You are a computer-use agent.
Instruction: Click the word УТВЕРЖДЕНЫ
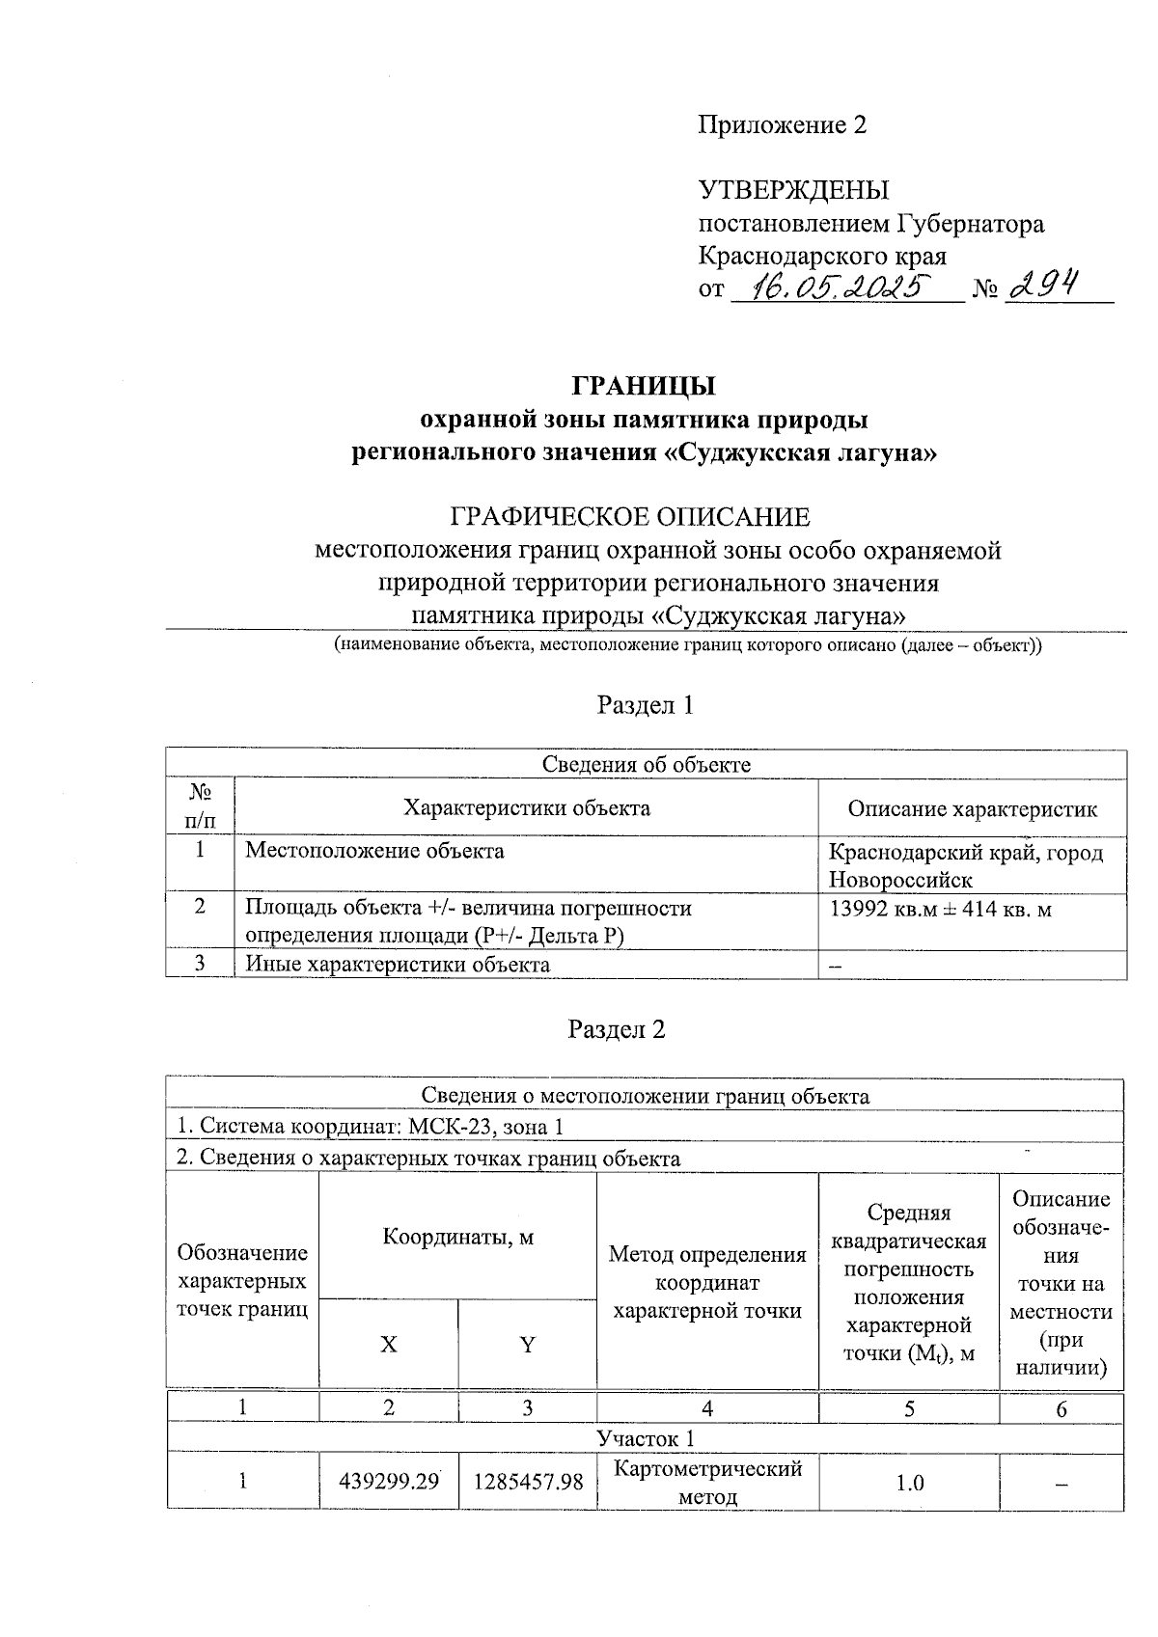(793, 190)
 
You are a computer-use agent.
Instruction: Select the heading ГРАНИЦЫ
(644, 386)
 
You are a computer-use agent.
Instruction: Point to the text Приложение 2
(783, 125)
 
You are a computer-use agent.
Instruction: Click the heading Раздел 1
(645, 705)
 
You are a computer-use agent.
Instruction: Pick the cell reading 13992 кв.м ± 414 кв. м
(940, 908)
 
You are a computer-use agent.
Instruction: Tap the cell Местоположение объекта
(374, 851)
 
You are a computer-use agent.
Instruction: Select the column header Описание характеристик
(972, 808)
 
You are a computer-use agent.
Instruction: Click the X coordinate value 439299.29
(389, 1481)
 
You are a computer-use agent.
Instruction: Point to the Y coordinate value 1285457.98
(528, 1481)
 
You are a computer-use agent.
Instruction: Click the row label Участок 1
(645, 1438)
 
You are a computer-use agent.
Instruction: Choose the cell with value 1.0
(908, 1482)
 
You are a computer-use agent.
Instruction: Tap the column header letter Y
(528, 1345)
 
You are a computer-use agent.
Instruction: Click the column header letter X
(388, 1345)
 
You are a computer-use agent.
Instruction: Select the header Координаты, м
(457, 1237)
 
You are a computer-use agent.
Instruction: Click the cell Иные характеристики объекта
(398, 964)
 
